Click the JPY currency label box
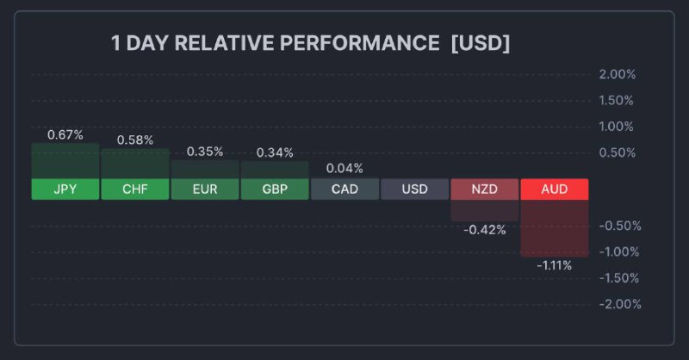click(65, 189)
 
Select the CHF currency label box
click(135, 189)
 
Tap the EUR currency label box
click(205, 189)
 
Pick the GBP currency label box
click(275, 189)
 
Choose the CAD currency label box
click(344, 189)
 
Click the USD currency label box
click(414, 189)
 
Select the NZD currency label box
click(484, 189)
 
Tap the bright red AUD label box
click(554, 189)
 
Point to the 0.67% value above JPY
click(65, 134)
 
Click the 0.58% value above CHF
click(135, 140)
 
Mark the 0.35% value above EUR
click(205, 152)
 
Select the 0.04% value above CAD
click(344, 168)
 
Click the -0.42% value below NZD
click(484, 230)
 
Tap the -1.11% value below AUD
click(554, 265)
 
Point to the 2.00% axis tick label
click(617, 75)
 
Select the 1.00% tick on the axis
click(617, 127)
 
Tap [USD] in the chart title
click(480, 43)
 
